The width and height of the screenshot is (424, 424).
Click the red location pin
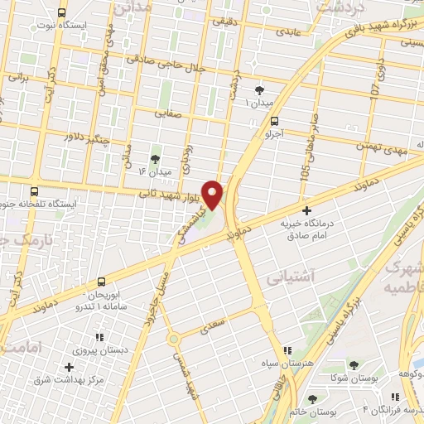(x=213, y=195)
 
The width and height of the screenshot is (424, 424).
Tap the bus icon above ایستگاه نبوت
(x=62, y=12)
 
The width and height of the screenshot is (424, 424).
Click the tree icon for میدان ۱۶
(x=155, y=158)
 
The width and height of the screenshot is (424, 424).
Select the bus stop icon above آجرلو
(x=274, y=119)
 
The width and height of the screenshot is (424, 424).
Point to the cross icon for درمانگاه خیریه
(x=307, y=211)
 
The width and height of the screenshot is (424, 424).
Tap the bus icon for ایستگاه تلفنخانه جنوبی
(x=33, y=190)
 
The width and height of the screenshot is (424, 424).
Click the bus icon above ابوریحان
(x=101, y=282)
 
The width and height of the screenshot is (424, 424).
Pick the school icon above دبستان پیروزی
(x=99, y=337)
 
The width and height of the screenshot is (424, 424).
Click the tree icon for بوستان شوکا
(x=354, y=365)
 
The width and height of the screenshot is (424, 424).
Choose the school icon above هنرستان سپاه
(x=287, y=351)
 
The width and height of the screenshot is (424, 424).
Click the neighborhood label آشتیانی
(x=287, y=280)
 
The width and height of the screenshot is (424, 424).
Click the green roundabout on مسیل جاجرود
(x=173, y=338)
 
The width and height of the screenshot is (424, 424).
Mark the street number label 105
(x=305, y=175)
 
